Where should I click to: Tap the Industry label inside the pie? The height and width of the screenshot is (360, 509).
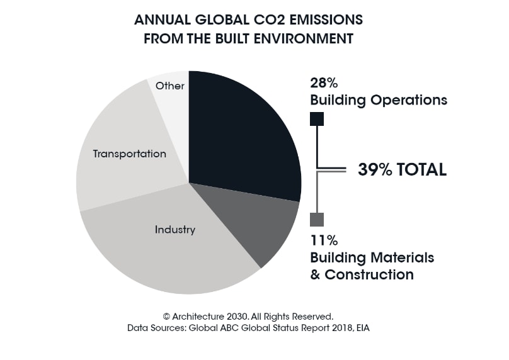click(x=175, y=230)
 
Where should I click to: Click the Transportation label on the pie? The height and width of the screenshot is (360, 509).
click(x=130, y=154)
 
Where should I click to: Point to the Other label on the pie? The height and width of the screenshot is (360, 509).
click(x=170, y=86)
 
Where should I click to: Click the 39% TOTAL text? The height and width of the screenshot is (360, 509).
click(x=402, y=169)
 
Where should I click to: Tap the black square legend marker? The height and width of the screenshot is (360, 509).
click(x=317, y=119)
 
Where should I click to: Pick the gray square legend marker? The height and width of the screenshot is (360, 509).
click(x=317, y=220)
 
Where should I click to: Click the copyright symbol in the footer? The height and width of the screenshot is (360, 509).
click(x=167, y=316)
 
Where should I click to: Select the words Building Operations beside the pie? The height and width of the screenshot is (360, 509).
click(x=378, y=100)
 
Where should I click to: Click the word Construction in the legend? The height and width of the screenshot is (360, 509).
click(x=369, y=274)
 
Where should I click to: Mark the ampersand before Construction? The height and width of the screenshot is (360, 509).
click(x=316, y=274)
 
